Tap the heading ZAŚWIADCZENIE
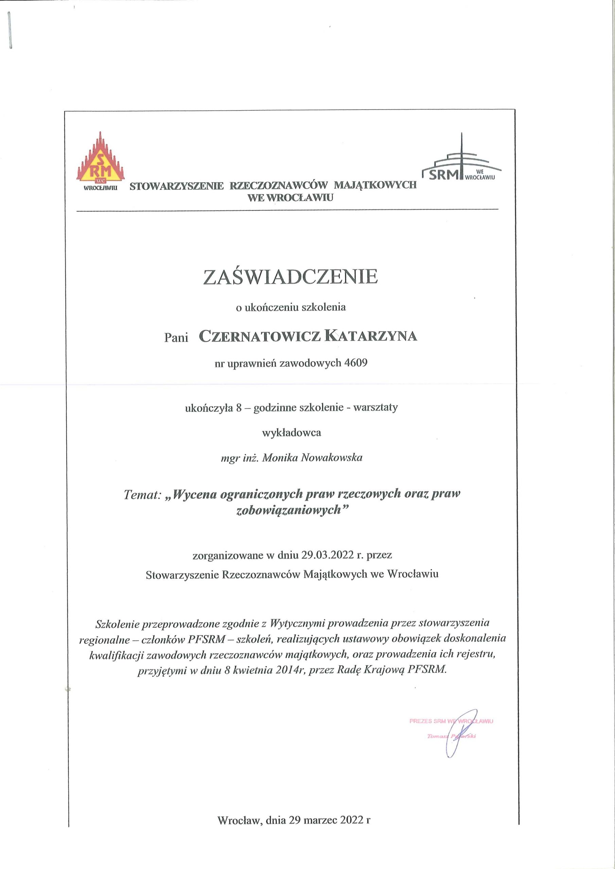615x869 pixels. click(291, 277)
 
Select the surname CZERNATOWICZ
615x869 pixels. click(260, 336)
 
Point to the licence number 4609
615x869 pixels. click(356, 363)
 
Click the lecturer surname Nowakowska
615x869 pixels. click(332, 458)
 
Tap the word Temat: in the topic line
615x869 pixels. click(143, 495)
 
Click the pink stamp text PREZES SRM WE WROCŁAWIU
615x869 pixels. click(451, 721)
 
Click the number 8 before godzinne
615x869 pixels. click(239, 408)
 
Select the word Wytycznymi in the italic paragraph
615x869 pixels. click(297, 623)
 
